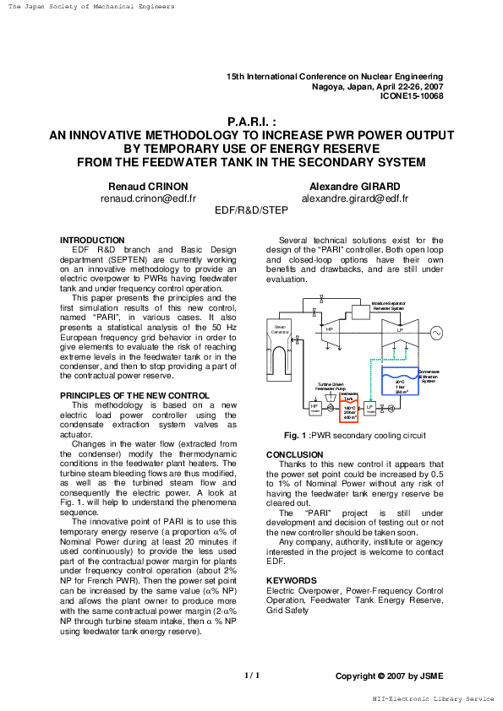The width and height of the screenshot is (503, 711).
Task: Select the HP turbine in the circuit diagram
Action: tap(330, 330)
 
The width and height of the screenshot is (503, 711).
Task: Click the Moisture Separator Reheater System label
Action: tap(389, 306)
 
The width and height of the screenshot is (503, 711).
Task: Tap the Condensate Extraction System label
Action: tap(429, 376)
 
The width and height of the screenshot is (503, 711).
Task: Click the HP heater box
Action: tap(315, 408)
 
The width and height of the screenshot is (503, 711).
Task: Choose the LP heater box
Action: tap(370, 409)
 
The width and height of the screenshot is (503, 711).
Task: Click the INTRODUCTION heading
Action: tap(92, 241)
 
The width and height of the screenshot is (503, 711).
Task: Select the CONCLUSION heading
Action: tap(294, 454)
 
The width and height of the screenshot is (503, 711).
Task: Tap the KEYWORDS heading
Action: tap(291, 581)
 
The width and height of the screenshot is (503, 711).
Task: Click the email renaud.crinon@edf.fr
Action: tap(148, 199)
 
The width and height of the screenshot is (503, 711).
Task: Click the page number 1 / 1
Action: tap(252, 676)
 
